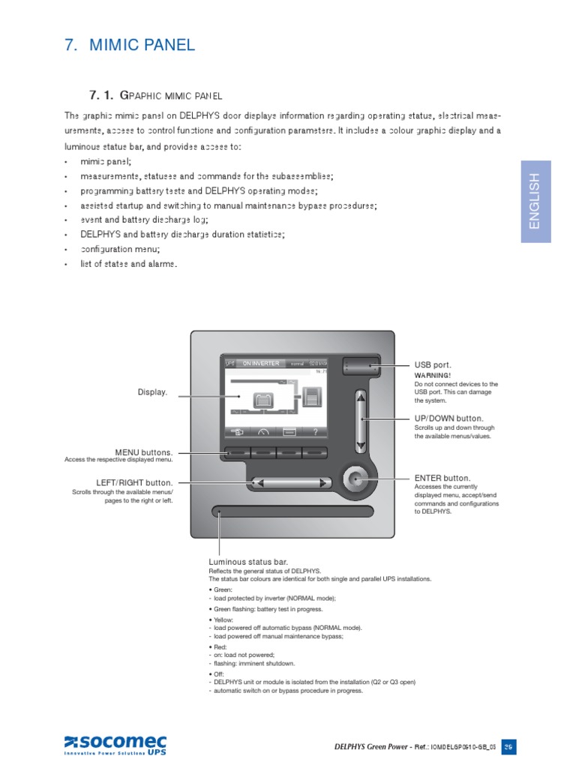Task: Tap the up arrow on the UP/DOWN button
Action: click(361, 397)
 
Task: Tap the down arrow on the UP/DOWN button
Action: click(361, 446)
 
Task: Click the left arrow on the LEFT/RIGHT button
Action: click(259, 483)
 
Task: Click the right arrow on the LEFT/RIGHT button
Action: click(322, 483)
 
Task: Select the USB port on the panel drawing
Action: click(360, 366)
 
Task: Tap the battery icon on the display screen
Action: click(262, 400)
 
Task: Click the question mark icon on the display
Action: click(315, 431)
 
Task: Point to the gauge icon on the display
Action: click(262, 431)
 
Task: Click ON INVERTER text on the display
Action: click(260, 364)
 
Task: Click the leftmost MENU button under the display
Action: click(236, 453)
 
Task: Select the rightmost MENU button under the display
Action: click(315, 453)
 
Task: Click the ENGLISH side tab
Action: click(535, 201)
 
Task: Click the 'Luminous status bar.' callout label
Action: click(248, 562)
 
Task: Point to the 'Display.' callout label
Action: click(152, 392)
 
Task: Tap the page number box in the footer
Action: click(508, 746)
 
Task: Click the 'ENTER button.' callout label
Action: click(442, 478)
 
